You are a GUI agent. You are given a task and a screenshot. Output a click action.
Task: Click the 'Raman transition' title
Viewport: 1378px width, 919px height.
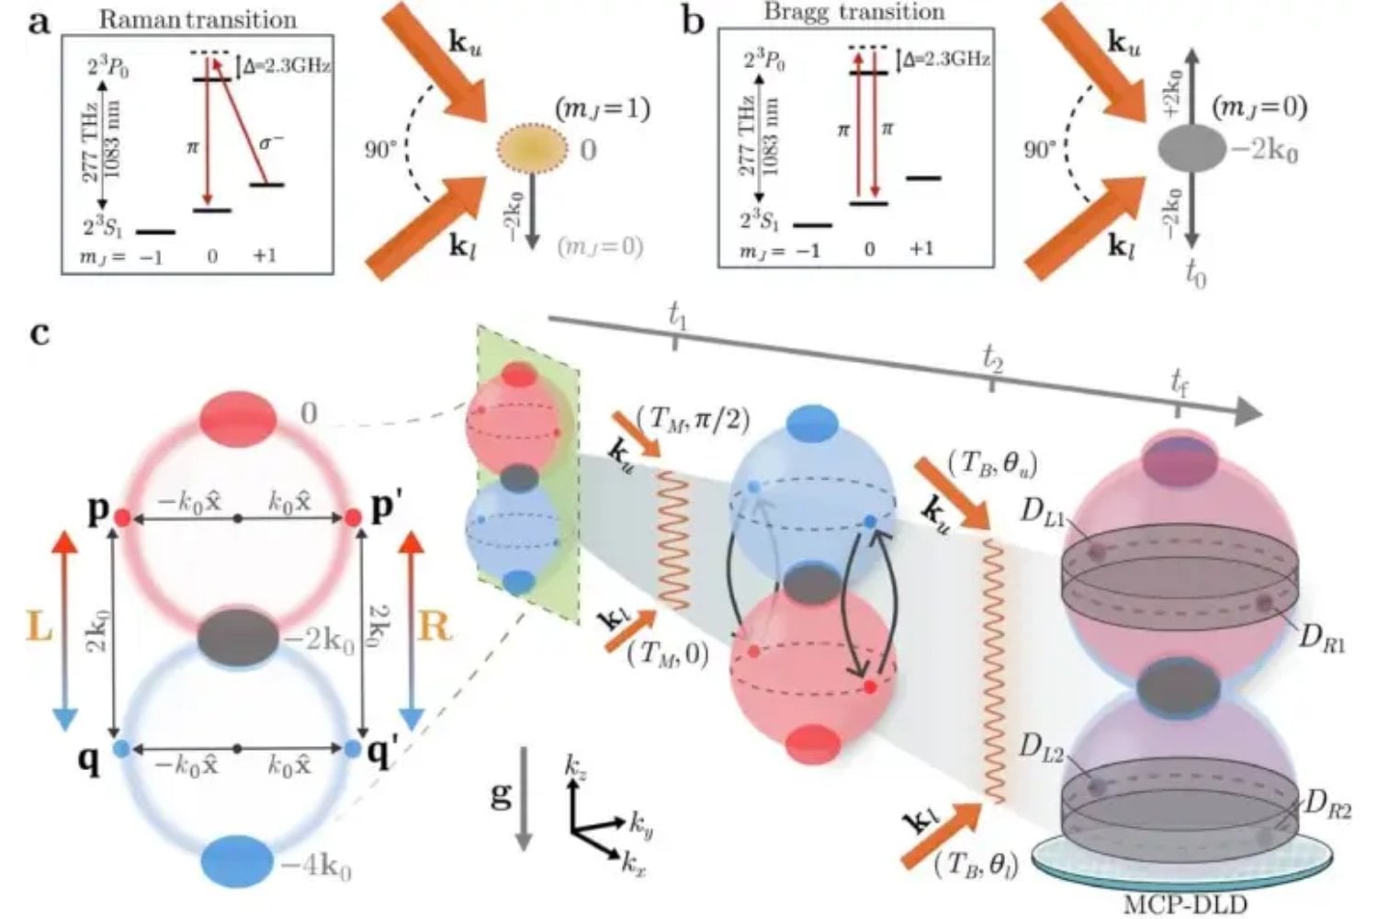(198, 18)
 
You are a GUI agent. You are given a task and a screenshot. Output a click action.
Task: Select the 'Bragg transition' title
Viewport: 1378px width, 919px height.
(854, 12)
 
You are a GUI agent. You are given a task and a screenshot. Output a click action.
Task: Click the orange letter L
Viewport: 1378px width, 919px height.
(39, 627)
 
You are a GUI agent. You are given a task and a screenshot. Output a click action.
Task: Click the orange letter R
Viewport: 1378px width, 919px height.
(435, 627)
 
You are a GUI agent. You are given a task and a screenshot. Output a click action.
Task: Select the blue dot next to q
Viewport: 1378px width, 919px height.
(119, 749)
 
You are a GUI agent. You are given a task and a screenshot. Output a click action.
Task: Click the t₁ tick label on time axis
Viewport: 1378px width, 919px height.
(677, 317)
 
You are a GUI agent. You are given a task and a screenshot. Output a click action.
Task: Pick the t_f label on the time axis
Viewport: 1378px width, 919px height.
(1179, 384)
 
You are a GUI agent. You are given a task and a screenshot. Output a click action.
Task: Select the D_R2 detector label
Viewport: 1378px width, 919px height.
(1327, 807)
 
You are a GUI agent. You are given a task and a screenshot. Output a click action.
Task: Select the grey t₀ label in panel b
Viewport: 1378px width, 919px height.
(1194, 274)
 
